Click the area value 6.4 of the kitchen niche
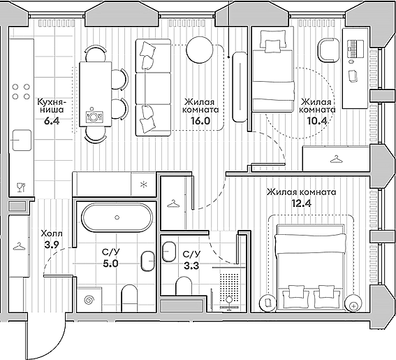[52, 121]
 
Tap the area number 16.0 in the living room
[200, 121]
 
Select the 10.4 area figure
[317, 121]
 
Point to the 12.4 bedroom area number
[302, 203]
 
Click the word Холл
[52, 234]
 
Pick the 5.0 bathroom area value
[110, 264]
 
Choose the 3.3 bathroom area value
[191, 266]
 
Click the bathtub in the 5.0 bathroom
[117, 217]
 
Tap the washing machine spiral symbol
[89, 300]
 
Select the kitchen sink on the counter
[22, 140]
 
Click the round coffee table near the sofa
[200, 50]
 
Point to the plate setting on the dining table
[94, 115]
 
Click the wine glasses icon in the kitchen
[21, 187]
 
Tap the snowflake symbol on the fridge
[143, 185]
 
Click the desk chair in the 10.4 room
[328, 50]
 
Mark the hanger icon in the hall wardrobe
[19, 246]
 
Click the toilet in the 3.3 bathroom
[184, 286]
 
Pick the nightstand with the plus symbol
[353, 303]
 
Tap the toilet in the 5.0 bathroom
[130, 298]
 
